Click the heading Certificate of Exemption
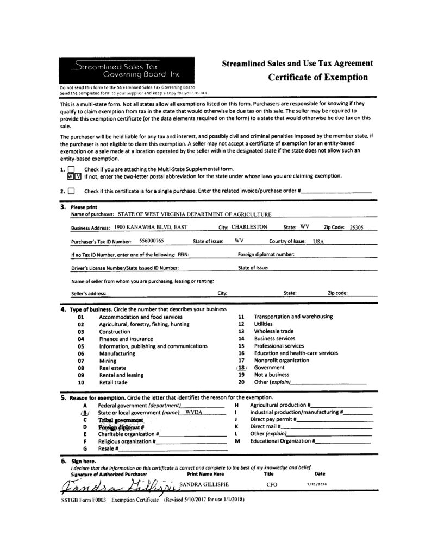tap(318, 77)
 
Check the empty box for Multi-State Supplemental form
tap(70, 169)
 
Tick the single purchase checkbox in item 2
tap(71, 191)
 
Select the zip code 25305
tap(357, 228)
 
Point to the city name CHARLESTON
tap(249, 227)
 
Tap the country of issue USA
tap(318, 241)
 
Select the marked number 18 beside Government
tap(242, 368)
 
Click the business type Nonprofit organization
tap(282, 361)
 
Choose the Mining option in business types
tap(108, 361)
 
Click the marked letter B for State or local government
tap(84, 413)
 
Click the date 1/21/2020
tap(315, 483)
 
